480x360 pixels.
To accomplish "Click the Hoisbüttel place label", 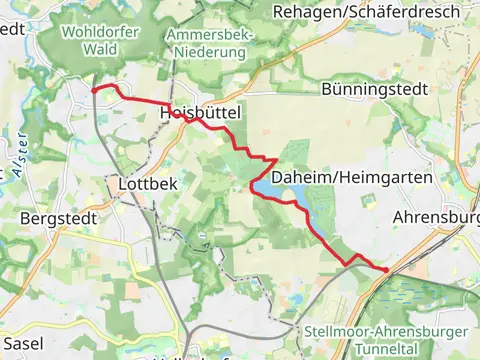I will tap(200, 115).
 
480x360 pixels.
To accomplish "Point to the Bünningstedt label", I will tap(374, 89).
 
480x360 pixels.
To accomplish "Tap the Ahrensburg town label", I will tap(437, 216).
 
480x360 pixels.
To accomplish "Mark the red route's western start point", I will tap(94, 89).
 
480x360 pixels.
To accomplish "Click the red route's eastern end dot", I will tap(386, 269).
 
